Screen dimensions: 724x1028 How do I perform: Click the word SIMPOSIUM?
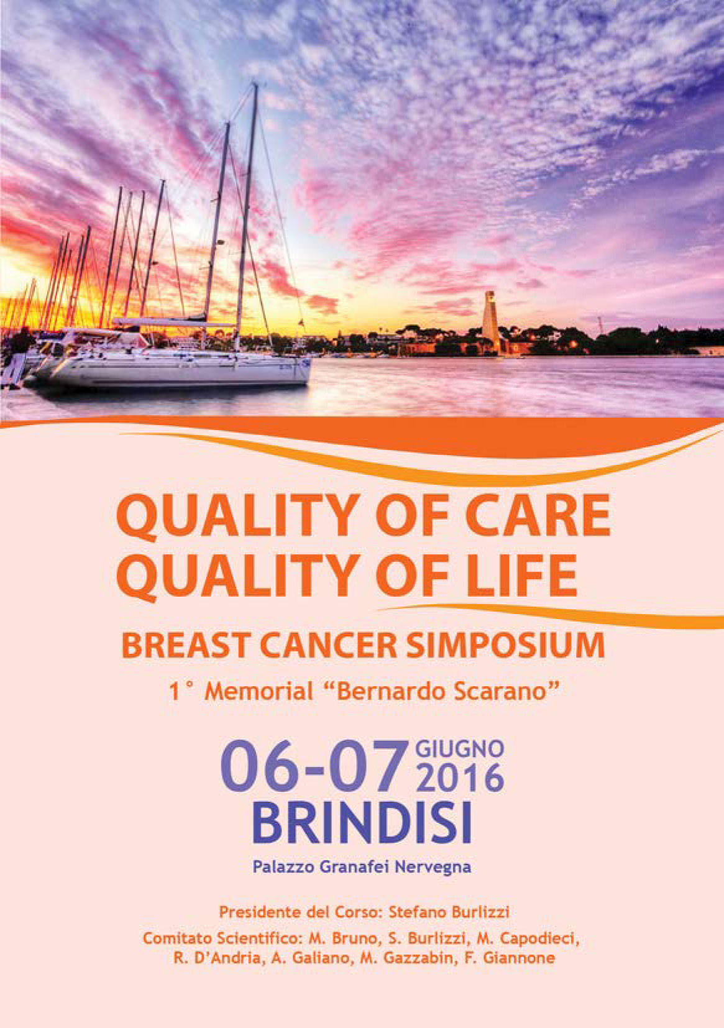pyautogui.click(x=506, y=646)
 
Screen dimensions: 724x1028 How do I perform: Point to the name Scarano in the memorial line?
pyautogui.click(x=508, y=692)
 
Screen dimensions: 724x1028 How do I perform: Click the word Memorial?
pyautogui.click(x=259, y=692)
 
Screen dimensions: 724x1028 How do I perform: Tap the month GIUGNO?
pyautogui.click(x=459, y=750)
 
